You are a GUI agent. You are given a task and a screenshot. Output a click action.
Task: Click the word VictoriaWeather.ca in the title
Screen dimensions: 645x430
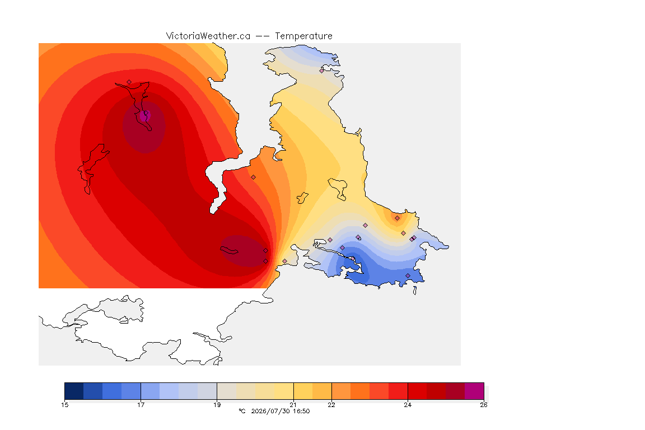208,36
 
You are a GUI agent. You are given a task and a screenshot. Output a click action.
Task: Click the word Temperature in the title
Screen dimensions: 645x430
303,36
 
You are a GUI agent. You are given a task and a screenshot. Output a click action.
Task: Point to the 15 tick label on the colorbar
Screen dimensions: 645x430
64,405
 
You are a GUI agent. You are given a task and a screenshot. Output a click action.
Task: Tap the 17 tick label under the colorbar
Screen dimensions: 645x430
141,405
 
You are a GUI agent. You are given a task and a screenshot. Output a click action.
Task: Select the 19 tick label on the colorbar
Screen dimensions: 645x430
217,405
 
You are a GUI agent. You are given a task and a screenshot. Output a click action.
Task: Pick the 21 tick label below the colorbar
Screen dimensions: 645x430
293,405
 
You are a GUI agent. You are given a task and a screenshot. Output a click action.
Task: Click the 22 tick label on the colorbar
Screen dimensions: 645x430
331,405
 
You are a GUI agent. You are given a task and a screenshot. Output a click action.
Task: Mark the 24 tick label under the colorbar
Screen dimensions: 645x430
408,405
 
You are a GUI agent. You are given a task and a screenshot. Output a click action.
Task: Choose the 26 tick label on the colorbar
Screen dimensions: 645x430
484,405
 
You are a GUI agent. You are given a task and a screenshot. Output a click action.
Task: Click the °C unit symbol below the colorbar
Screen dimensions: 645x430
242,411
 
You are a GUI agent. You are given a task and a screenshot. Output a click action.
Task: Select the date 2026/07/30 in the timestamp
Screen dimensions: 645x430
270,411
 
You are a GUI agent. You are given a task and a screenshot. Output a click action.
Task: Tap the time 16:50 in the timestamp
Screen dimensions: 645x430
301,411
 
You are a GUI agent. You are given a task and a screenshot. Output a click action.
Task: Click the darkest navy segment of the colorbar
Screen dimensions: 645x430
74,391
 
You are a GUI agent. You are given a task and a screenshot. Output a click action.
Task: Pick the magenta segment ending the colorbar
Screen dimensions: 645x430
474,391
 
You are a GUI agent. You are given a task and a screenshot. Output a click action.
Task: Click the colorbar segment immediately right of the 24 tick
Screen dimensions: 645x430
417,391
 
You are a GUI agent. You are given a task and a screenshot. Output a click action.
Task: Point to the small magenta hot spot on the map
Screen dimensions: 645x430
144,116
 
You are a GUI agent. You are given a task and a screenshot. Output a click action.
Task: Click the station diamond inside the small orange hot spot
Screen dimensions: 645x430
397,218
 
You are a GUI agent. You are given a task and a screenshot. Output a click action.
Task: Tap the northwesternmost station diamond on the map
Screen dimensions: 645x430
129,82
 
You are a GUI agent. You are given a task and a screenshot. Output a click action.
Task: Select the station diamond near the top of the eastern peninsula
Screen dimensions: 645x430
322,71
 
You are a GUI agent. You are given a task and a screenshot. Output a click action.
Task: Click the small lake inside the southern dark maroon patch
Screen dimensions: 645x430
229,250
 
